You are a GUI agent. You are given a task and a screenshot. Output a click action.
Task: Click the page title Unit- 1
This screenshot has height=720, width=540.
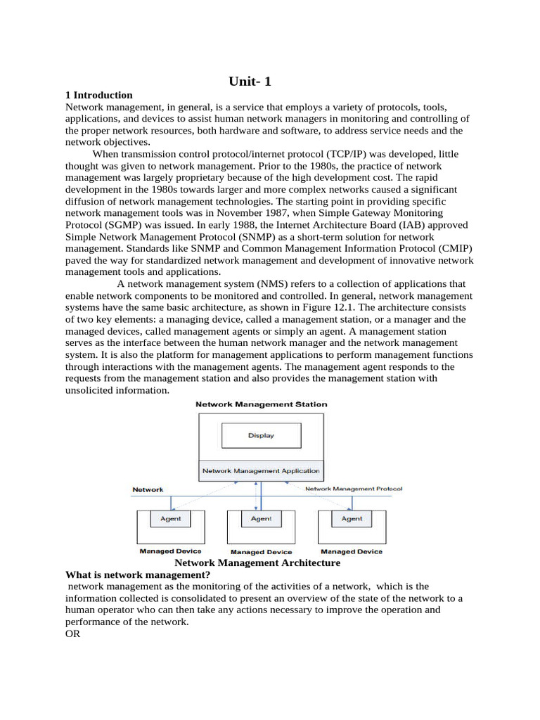[x=250, y=82]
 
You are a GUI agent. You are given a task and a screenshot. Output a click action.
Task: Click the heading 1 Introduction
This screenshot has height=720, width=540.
[x=98, y=95]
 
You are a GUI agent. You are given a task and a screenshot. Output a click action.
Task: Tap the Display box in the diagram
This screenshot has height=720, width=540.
[x=261, y=435]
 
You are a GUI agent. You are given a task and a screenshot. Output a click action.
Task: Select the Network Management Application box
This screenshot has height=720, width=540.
[x=261, y=470]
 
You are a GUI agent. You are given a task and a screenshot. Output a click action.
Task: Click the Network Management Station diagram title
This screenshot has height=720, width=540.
[x=261, y=404]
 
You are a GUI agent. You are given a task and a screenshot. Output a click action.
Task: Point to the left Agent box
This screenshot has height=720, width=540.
[x=171, y=519]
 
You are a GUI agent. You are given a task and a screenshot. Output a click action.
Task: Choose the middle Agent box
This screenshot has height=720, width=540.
[x=261, y=519]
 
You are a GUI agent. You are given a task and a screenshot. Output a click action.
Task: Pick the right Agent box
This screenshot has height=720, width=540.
[x=352, y=519]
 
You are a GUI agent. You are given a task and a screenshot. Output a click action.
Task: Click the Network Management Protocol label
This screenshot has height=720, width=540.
[x=354, y=489]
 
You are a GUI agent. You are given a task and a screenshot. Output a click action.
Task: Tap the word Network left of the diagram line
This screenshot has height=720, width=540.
[x=148, y=489]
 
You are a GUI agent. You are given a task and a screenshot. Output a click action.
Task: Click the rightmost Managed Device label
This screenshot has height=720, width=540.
[x=350, y=552]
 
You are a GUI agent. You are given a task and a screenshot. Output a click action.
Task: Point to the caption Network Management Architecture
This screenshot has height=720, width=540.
[x=257, y=563]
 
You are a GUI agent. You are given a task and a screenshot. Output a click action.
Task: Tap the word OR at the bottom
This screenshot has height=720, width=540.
[x=72, y=634]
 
